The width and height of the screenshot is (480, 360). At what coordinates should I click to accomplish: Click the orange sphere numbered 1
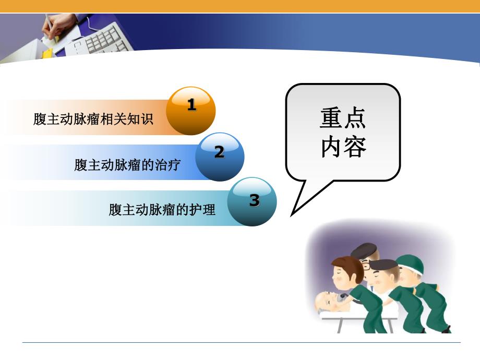191,111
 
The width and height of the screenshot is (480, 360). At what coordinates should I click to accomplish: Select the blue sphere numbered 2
220,157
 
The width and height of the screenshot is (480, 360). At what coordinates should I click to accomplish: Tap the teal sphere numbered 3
253,201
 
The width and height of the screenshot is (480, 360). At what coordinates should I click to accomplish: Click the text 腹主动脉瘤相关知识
93,119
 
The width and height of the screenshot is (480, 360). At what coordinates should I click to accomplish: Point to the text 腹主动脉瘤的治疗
127,165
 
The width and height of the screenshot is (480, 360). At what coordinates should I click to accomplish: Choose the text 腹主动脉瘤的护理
162,210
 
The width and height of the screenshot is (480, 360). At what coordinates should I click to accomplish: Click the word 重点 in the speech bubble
343,119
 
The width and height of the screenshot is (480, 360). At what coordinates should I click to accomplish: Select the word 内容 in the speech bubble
343,148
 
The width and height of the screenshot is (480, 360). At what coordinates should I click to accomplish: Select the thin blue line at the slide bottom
240,342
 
